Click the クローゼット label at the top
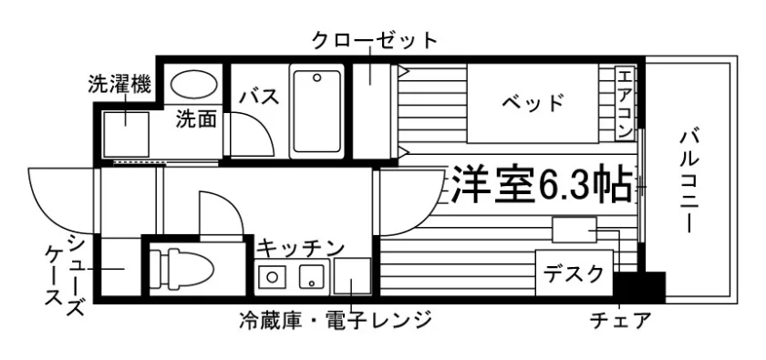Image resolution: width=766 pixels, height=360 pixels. click(x=375, y=39)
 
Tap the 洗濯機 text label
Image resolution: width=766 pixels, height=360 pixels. click(x=119, y=84)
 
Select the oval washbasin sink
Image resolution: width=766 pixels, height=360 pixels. click(x=193, y=84)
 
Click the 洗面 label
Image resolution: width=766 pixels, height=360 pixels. click(x=196, y=118)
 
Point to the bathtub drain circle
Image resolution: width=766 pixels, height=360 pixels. click(x=317, y=77)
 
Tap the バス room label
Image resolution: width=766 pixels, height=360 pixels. click(x=259, y=97)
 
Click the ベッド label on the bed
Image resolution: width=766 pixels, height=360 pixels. click(x=533, y=102)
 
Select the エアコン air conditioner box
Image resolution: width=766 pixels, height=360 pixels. click(x=625, y=103)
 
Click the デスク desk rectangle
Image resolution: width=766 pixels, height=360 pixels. click(x=574, y=273)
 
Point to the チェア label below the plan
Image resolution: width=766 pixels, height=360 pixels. click(x=620, y=321)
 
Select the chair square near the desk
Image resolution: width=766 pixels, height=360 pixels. click(x=574, y=230)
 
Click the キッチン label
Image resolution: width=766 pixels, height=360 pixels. click(x=301, y=248)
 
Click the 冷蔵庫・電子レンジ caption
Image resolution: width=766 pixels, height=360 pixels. click(x=336, y=321)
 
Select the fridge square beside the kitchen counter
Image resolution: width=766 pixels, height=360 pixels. click(x=352, y=276)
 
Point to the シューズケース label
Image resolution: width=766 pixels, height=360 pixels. click(x=63, y=275)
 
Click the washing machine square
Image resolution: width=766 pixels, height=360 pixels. click(x=126, y=134)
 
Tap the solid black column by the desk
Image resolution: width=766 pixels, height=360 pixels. click(x=640, y=288)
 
